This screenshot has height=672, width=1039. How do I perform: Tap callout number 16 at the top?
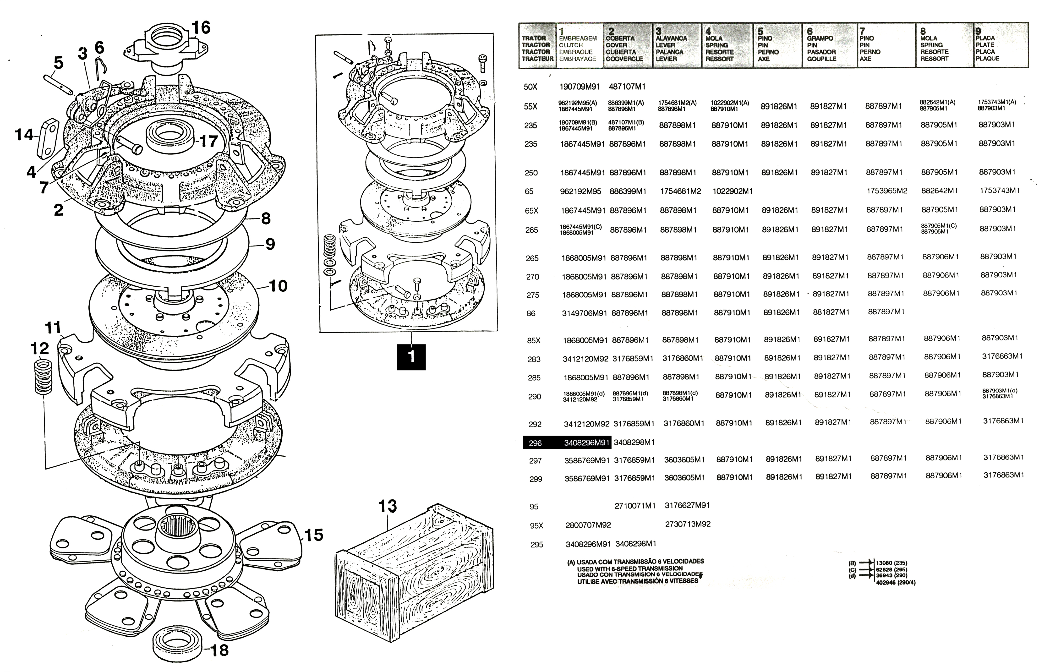[201, 27]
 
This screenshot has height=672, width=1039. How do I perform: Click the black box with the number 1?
[411, 357]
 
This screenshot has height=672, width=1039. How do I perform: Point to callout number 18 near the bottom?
[219, 650]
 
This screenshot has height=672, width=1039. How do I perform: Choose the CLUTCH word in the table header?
[571, 45]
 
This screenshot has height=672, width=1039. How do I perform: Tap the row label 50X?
[531, 87]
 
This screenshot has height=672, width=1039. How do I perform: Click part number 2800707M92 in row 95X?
[588, 525]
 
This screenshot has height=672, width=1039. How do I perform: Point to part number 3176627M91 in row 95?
[687, 505]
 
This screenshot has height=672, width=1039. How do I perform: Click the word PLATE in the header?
[985, 45]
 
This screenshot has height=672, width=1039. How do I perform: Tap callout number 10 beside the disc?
[279, 286]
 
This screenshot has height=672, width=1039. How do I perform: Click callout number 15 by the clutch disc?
[314, 535]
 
